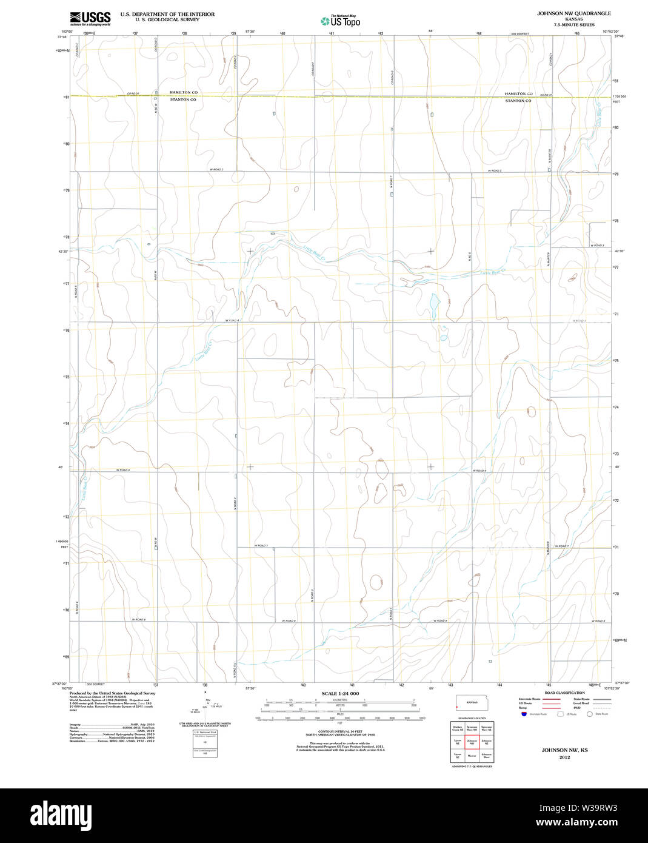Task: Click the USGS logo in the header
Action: (x=90, y=18)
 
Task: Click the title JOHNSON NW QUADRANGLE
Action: (x=565, y=13)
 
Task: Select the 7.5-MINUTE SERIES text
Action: (x=565, y=25)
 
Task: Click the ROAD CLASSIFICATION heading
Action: (x=564, y=693)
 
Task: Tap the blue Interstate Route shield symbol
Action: (x=524, y=714)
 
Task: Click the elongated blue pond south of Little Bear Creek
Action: (x=434, y=301)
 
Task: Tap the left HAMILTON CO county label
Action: (x=183, y=93)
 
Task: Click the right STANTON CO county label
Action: (x=518, y=101)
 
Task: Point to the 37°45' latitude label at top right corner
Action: (x=619, y=36)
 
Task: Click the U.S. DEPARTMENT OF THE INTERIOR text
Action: (x=167, y=13)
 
